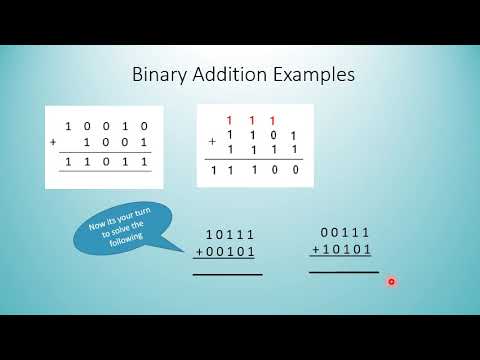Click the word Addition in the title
237,75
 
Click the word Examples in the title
318,75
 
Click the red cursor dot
391,281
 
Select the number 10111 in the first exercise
227,234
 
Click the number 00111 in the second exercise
343,232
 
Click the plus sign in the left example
53,143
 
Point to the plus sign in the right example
212,142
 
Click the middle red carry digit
250,121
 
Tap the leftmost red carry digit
229,121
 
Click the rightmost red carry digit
270,121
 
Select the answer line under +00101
227,273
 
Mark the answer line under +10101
344,272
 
